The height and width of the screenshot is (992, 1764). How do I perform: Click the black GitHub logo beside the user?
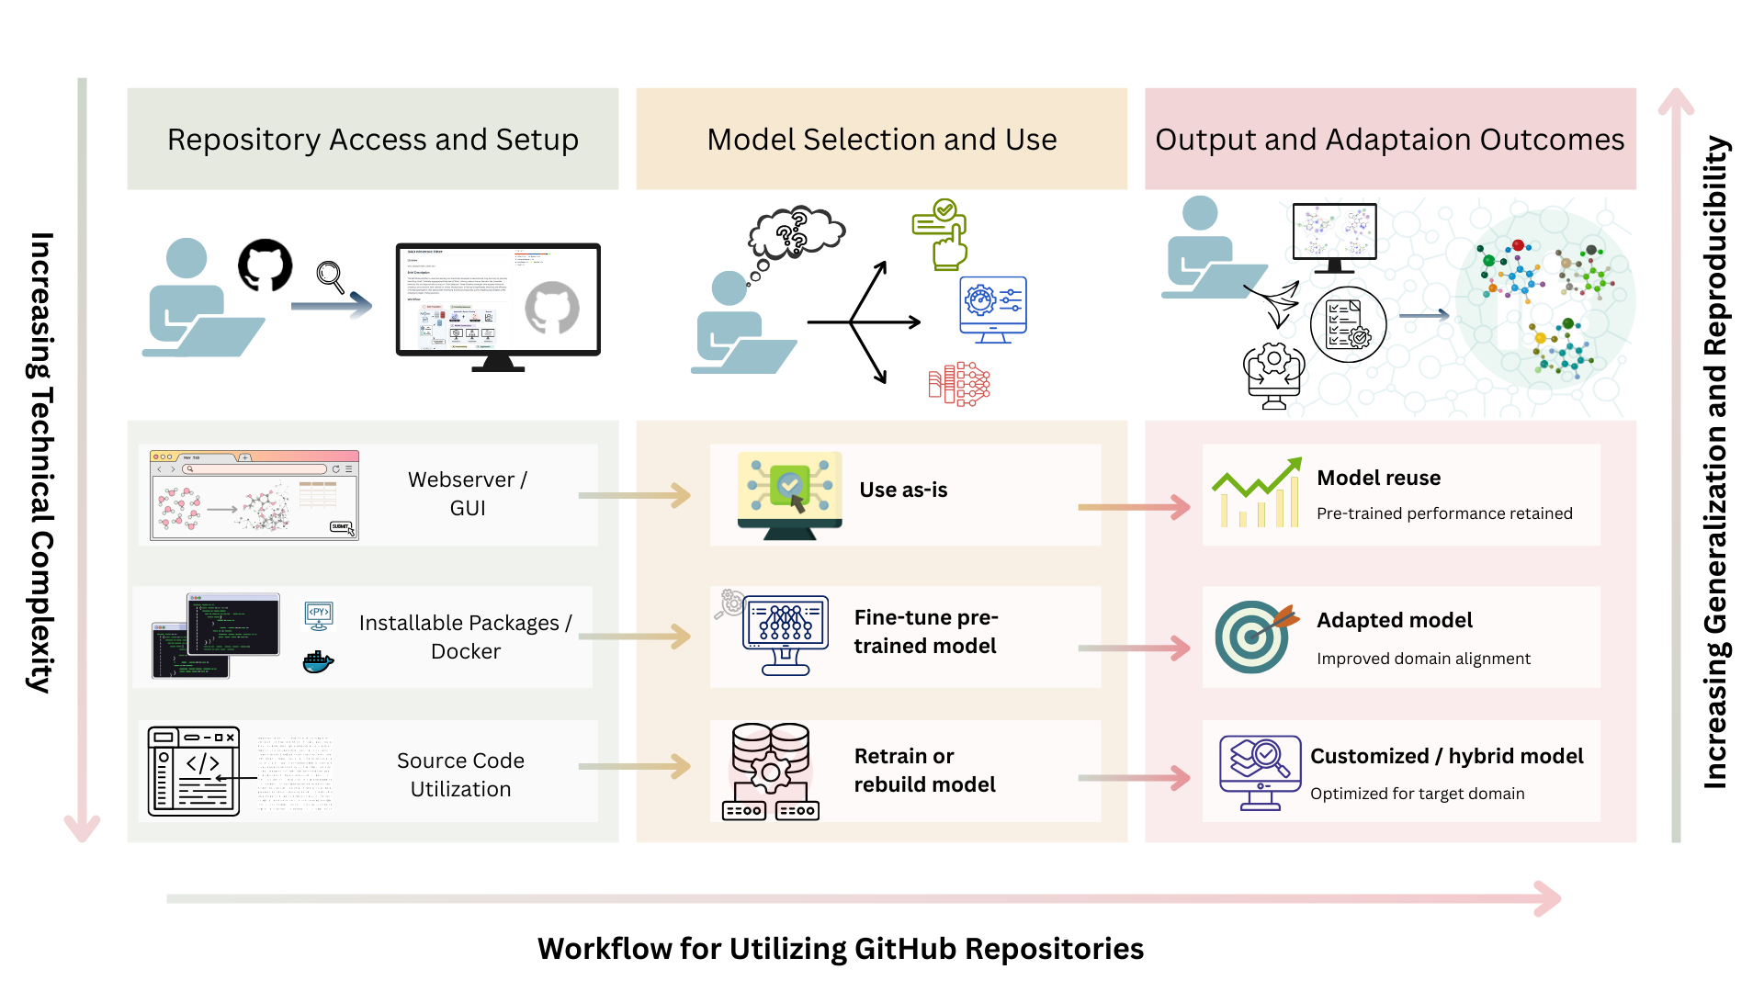pyautogui.click(x=265, y=265)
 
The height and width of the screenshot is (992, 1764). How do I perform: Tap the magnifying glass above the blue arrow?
pyautogui.click(x=330, y=276)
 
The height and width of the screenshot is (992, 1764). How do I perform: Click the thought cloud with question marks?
pyautogui.click(x=795, y=231)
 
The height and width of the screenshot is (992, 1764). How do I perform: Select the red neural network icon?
pyautogui.click(x=959, y=383)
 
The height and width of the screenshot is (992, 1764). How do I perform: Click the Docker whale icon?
pyautogui.click(x=318, y=662)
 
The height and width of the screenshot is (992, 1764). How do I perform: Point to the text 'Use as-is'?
pyautogui.click(x=903, y=490)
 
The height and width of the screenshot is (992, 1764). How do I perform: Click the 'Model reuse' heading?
pyautogui.click(x=1378, y=478)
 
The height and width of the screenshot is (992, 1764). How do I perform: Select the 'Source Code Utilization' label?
pyautogui.click(x=460, y=774)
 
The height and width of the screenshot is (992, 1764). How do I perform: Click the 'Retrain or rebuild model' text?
pyautogui.click(x=924, y=770)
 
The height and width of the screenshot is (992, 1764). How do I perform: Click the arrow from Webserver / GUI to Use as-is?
pyautogui.click(x=635, y=496)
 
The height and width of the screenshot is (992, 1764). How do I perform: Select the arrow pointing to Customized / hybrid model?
pyautogui.click(x=1134, y=778)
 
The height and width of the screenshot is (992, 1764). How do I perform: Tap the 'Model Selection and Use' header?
pyautogui.click(x=881, y=140)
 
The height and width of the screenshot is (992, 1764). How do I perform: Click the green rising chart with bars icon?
pyautogui.click(x=1257, y=492)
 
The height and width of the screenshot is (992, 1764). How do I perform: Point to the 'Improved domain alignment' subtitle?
pyautogui.click(x=1423, y=659)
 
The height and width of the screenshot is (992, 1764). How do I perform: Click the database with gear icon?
pyautogui.click(x=771, y=772)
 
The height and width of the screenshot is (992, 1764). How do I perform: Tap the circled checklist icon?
pyautogui.click(x=1348, y=324)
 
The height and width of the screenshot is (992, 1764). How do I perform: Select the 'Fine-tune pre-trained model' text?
pyautogui.click(x=925, y=632)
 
